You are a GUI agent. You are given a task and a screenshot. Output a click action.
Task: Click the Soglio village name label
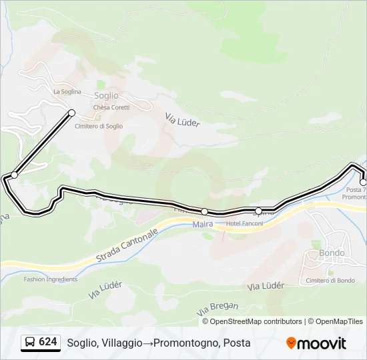tap(106, 96)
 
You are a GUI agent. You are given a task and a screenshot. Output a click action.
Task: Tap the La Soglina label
tap(67, 91)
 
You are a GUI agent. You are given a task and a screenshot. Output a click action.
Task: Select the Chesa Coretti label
tap(111, 107)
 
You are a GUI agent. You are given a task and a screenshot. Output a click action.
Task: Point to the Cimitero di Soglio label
tap(99, 126)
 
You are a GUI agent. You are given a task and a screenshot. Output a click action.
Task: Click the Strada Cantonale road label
tap(127, 247)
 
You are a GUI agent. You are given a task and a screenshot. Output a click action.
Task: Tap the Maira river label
tap(204, 224)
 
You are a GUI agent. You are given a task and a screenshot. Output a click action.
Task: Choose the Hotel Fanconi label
tap(245, 223)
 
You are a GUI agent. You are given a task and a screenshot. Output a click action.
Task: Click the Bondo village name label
tap(332, 253)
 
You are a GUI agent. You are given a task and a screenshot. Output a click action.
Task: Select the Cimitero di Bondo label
tap(330, 281)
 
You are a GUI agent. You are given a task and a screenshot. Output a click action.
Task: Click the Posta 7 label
tap(354, 190)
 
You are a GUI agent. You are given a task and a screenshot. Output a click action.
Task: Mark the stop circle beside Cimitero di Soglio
tap(71, 113)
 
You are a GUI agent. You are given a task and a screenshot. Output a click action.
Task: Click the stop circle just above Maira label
tap(204, 211)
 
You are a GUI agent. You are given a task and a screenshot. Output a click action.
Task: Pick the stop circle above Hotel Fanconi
tap(259, 211)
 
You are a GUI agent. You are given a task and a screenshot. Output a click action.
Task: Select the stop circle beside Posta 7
tap(363, 182)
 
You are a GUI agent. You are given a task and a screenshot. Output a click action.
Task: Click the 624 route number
tap(47, 342)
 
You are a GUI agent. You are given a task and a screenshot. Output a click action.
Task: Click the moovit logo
tap(316, 343)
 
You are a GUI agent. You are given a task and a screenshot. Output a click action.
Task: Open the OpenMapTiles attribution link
tap(340, 321)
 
